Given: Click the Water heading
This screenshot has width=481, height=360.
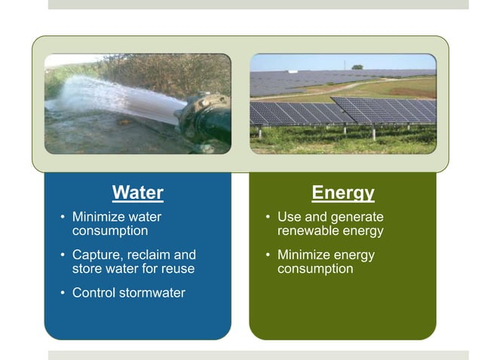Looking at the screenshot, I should point(137,193).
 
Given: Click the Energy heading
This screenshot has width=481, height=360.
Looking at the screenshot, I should point(343,193).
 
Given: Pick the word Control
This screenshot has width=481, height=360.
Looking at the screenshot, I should point(93,293).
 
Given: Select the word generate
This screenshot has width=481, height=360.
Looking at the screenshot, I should point(358,217).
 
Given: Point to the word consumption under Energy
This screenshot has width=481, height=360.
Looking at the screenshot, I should point(315,269).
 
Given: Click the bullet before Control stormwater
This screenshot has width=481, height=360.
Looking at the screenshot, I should point(63,294).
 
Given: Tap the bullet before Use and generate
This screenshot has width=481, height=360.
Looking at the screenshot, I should point(268,218).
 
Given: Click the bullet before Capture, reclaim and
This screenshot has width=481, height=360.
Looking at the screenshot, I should point(63,255).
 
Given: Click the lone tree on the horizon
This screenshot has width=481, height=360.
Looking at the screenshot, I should point(357,67).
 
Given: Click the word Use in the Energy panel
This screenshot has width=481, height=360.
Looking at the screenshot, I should point(290,217).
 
